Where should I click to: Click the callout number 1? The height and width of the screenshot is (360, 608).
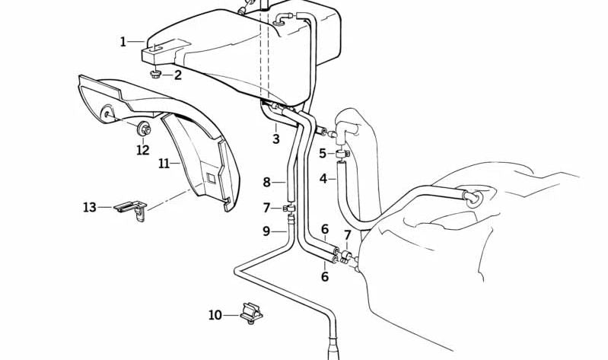click(x=123, y=42)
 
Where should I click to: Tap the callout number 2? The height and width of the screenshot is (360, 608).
click(x=177, y=75)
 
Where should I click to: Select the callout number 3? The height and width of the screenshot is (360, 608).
click(x=275, y=139)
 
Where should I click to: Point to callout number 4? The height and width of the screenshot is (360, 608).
click(x=323, y=179)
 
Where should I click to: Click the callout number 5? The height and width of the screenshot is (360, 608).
click(x=323, y=154)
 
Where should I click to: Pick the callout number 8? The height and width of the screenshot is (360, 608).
click(x=266, y=182)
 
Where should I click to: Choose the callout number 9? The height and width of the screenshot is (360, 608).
click(x=266, y=231)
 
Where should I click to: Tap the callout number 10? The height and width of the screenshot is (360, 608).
click(x=215, y=314)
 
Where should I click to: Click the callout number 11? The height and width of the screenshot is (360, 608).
click(x=164, y=164)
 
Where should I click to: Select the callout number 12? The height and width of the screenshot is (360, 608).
click(x=143, y=150)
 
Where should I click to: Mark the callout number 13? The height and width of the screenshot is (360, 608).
click(x=90, y=207)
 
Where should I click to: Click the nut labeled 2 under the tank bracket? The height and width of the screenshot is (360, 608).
click(x=156, y=73)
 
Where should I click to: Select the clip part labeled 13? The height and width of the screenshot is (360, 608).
click(x=131, y=210)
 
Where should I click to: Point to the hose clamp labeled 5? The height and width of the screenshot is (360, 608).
click(x=342, y=154)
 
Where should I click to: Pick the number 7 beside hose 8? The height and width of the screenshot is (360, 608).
click(x=266, y=208)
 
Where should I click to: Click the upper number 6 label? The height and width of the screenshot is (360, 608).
click(x=325, y=229)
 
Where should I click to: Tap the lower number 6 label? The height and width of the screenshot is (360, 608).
click(x=325, y=276)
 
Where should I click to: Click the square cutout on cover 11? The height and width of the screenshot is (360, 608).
click(x=211, y=177)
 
